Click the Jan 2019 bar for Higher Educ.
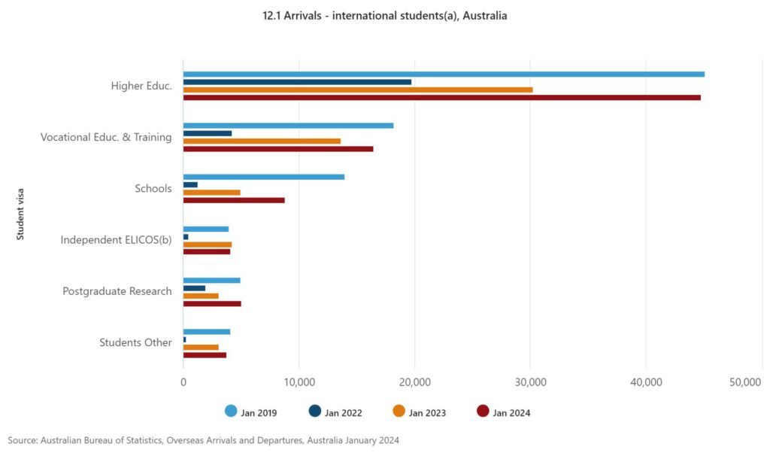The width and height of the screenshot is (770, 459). coord(444,74)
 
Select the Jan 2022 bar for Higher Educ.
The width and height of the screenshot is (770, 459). coord(297,82)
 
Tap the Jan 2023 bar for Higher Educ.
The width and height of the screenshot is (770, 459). coord(358,90)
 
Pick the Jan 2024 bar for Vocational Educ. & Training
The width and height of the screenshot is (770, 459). coord(278,149)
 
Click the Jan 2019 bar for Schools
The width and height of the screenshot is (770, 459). coord(264,177)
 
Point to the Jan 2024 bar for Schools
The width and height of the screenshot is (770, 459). coord(234,200)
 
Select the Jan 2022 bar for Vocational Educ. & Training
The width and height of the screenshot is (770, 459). coord(208,133)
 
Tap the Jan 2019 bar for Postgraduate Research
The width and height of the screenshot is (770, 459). coord(211,280)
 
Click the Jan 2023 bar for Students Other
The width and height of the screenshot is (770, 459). coord(201,347)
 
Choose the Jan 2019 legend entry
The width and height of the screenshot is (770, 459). coord(252,412)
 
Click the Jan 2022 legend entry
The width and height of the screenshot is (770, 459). coord(335,412)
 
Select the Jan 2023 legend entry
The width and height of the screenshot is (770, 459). coord(419,412)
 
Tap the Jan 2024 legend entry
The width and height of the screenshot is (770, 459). coord(503,412)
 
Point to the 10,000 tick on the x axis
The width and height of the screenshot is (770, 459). coord(299,383)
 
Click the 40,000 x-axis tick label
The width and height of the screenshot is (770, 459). coord(646,383)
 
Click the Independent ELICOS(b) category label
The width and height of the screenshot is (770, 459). coord(116,240)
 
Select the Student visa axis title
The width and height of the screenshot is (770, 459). coord(20,214)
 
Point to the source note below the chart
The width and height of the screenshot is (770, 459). coord(203,439)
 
